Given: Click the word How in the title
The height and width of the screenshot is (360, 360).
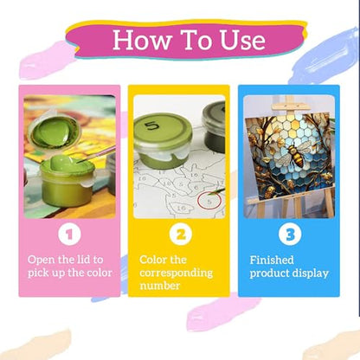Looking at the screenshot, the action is coord(141,40).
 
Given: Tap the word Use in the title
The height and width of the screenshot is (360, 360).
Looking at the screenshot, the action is coord(242,40).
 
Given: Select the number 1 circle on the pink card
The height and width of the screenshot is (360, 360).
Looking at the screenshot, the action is coord(69,234).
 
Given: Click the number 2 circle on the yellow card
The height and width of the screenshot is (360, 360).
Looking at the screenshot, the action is coord(181,234).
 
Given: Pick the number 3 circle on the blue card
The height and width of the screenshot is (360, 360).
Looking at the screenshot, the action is coord(290,234).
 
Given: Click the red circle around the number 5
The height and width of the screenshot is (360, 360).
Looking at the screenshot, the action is coord(209,201).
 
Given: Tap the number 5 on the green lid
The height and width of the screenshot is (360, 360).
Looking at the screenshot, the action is coord(151,126).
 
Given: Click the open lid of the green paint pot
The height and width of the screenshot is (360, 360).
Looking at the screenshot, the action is coord(55,132).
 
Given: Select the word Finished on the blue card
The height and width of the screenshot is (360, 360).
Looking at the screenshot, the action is coord(272,260).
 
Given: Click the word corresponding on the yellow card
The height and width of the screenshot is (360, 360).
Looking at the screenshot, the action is coord(176,273).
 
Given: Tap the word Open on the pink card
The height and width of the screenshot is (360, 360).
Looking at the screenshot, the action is coord(41,260).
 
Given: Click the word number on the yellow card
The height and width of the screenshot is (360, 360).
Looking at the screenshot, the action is coord(160,286).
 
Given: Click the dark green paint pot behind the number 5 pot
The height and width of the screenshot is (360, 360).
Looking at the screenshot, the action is coord(214,127).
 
